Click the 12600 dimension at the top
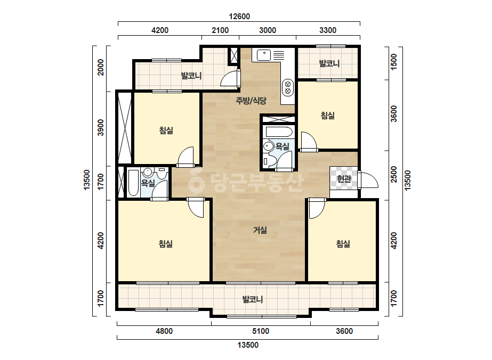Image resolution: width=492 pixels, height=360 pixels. [x=239, y=17]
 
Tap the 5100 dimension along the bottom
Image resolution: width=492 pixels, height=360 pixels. [x=261, y=331]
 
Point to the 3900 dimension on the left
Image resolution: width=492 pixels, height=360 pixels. [x=100, y=127]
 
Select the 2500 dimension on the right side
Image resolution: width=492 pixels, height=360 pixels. [x=394, y=174]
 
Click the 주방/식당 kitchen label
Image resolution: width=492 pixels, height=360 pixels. [x=251, y=101]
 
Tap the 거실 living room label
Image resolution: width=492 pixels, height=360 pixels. [x=260, y=230]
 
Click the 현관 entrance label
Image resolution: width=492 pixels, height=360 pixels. [x=344, y=179]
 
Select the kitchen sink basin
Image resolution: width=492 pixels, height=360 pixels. [x=264, y=55]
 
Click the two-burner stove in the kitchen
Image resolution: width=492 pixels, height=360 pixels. [x=287, y=87]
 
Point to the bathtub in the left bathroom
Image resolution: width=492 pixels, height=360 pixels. [x=133, y=183]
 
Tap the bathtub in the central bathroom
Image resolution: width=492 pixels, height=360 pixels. [x=279, y=132]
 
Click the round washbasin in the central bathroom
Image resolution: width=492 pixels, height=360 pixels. [x=269, y=146]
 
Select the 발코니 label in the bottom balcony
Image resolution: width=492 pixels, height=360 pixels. [x=253, y=299]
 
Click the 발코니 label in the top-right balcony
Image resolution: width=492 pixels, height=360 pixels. [x=329, y=64]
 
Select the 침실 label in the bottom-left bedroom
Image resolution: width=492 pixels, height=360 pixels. [x=166, y=244]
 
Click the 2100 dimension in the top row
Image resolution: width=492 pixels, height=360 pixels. [x=220, y=30]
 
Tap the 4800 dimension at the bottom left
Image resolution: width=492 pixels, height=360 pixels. [x=164, y=331]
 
